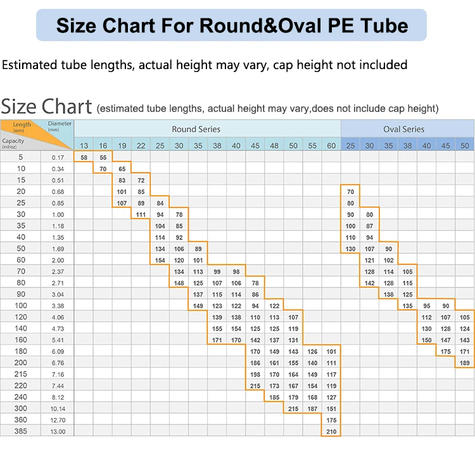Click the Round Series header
point(196,129)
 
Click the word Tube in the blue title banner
point(381,25)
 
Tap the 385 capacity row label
point(20,431)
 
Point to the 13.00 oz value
point(58,431)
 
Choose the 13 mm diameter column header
point(84,146)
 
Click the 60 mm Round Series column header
point(331,146)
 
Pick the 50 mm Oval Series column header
point(465,146)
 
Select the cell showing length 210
point(331,431)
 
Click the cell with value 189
point(465,363)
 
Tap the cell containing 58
point(84,157)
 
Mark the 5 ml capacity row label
point(20,157)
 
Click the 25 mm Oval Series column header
point(350,146)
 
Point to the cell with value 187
point(312,408)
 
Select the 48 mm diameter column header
point(274,146)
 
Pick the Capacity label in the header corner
point(13,142)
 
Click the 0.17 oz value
point(58,157)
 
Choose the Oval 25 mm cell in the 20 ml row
point(350,191)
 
